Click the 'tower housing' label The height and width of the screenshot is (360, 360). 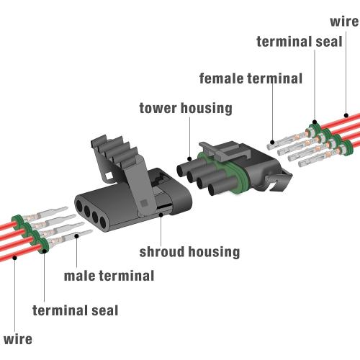(x=186, y=108)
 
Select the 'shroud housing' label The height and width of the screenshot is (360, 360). (x=189, y=252)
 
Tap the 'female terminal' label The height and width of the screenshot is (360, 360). (x=251, y=78)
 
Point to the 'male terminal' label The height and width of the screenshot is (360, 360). (x=109, y=276)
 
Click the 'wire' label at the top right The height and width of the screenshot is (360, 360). (x=344, y=22)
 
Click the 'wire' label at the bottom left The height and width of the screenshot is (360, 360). (x=18, y=339)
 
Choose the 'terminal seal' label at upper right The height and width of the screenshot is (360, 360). (x=300, y=42)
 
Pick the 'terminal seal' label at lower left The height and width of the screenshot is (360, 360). (x=75, y=310)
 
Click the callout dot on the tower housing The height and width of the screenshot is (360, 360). (x=189, y=158)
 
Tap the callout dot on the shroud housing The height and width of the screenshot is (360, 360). (x=161, y=215)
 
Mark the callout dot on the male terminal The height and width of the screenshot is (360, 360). (x=77, y=236)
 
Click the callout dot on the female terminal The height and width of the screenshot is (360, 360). (x=272, y=142)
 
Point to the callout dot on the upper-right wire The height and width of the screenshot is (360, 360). (x=346, y=115)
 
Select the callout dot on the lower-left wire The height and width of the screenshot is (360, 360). (x=15, y=258)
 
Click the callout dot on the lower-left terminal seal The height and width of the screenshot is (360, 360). (x=45, y=251)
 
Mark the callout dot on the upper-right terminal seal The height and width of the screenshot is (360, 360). (x=315, y=122)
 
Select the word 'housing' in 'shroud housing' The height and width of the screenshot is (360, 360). (x=214, y=252)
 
